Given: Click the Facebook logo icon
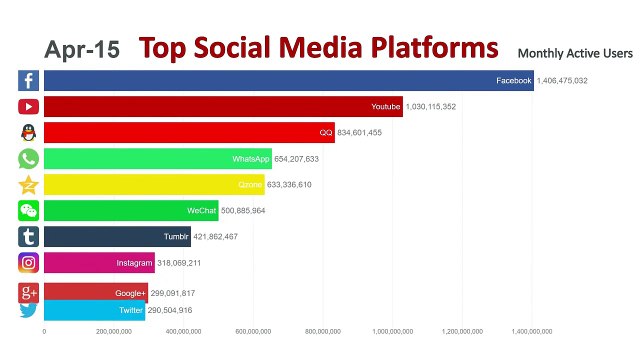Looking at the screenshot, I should pyautogui.click(x=28, y=81).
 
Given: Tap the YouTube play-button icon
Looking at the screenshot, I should pyautogui.click(x=28, y=107).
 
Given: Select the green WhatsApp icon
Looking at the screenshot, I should pyautogui.click(x=28, y=159).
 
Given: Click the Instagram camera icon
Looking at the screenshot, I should pyautogui.click(x=28, y=263).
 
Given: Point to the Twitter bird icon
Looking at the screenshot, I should pyautogui.click(x=28, y=311).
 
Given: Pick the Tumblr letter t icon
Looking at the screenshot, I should pyautogui.click(x=28, y=237).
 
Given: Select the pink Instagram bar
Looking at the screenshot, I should pyautogui.click(x=99, y=263).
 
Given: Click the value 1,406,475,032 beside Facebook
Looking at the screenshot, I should pyautogui.click(x=562, y=81).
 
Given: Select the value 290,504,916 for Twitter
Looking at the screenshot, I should pyautogui.click(x=178, y=311).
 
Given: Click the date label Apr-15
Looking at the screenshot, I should pyautogui.click(x=82, y=49).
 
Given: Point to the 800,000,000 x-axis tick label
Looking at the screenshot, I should pyautogui.click(x=323, y=331).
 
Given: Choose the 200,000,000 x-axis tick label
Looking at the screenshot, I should pyautogui.click(x=113, y=331).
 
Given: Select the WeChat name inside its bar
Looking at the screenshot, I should pyautogui.click(x=201, y=211).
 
